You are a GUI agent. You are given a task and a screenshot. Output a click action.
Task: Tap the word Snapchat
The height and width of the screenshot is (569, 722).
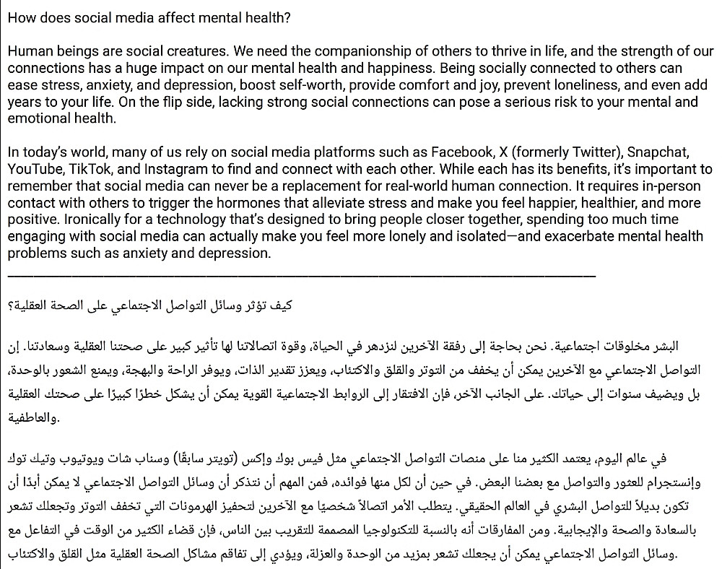pos(658,153)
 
